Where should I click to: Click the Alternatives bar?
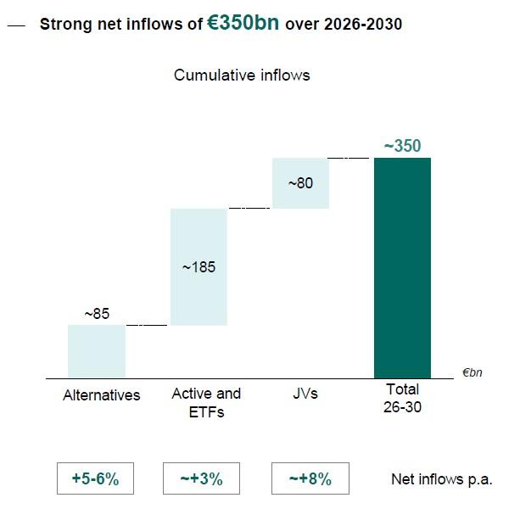[97, 351]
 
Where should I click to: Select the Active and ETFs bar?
[198, 266]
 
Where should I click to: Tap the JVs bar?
[300, 182]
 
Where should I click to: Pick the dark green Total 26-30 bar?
[402, 267]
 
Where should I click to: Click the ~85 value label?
[97, 314]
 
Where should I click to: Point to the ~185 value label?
[198, 267]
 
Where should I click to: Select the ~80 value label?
[300, 182]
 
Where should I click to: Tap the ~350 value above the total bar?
[402, 147]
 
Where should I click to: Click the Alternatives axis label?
[102, 395]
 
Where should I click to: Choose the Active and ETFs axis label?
[206, 403]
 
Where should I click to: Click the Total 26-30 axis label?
[402, 399]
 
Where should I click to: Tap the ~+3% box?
[201, 478]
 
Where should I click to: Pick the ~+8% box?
[309, 478]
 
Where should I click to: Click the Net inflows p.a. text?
[441, 479]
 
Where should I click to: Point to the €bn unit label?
[472, 372]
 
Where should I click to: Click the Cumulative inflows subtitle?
[242, 76]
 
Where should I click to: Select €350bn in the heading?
[244, 24]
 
